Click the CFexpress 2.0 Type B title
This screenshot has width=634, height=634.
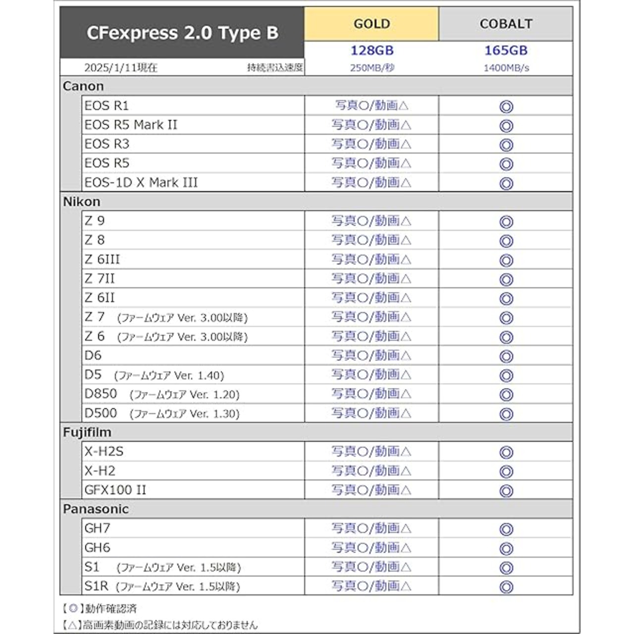click(182, 33)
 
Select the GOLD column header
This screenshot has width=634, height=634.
click(371, 24)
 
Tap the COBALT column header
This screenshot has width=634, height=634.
click(506, 24)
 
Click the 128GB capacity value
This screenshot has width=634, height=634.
click(371, 51)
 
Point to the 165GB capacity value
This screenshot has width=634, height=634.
click(506, 51)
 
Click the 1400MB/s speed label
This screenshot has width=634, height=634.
click(506, 68)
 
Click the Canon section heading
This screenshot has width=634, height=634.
click(83, 86)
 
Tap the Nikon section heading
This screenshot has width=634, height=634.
click(82, 202)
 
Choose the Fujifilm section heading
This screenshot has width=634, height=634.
click(87, 432)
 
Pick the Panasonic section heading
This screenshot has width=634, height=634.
click(96, 509)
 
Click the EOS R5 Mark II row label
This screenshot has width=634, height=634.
click(131, 125)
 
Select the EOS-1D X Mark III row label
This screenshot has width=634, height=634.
click(141, 182)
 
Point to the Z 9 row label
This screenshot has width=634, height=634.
click(95, 221)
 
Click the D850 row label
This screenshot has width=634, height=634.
click(101, 394)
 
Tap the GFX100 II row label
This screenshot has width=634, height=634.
click(115, 490)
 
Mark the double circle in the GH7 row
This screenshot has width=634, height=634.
click(506, 529)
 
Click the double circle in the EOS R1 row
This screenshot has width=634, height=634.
click(506, 106)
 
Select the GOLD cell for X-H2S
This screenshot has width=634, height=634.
click(371, 452)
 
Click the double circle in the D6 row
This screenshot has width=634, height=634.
click(506, 357)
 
